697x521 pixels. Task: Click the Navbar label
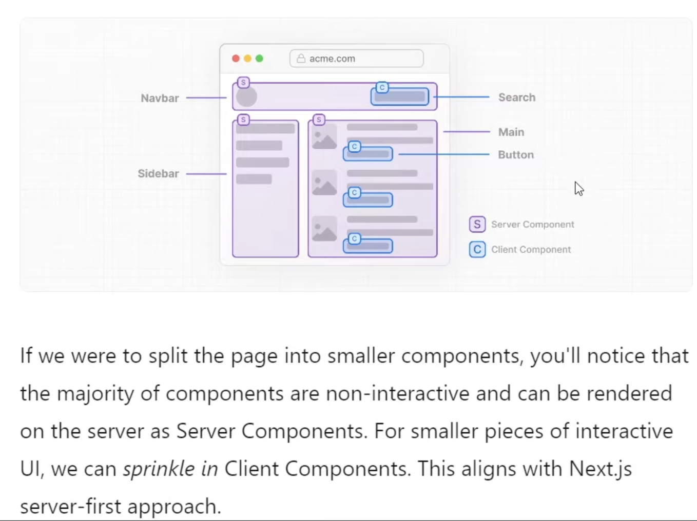click(x=160, y=98)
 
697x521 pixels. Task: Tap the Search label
click(x=517, y=97)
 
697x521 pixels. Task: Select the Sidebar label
click(x=158, y=173)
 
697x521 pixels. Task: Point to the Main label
click(x=511, y=132)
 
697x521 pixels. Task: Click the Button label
click(x=516, y=155)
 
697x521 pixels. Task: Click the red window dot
click(x=236, y=58)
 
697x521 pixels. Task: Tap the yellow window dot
click(x=248, y=58)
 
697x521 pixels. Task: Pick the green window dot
click(x=259, y=58)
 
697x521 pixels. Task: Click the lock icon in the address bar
click(x=301, y=58)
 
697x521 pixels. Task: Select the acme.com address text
click(x=332, y=58)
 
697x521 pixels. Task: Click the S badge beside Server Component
click(x=477, y=224)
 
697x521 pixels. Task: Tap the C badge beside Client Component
click(x=477, y=250)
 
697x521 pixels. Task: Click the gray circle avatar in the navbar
click(x=246, y=96)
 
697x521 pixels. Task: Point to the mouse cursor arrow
click(x=579, y=189)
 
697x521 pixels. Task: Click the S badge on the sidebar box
click(x=244, y=119)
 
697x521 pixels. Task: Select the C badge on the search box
click(x=382, y=87)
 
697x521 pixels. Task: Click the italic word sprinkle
click(x=159, y=469)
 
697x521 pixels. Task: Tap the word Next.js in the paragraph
click(x=600, y=469)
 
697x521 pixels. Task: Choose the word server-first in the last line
click(x=70, y=506)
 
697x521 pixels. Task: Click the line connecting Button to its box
click(x=444, y=154)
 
